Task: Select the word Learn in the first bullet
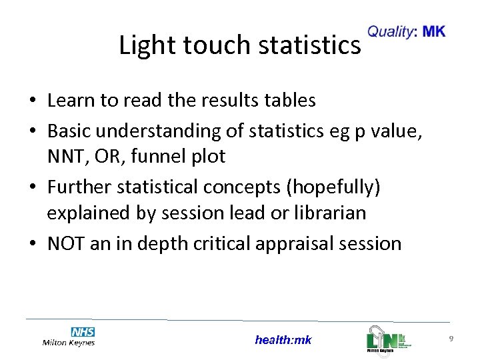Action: pos(70,101)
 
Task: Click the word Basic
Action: pos(69,131)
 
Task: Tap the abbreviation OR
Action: pos(109,157)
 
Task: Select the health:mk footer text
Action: pos(283,340)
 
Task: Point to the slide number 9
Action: pos(451,339)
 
